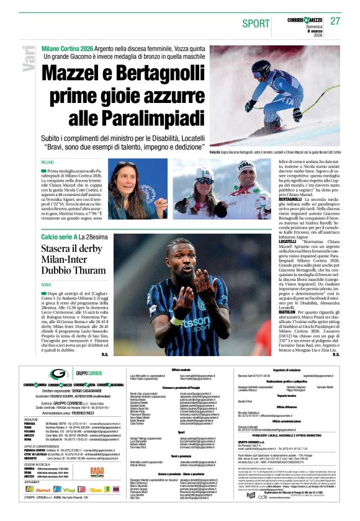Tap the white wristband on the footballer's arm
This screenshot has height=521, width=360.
(178, 321)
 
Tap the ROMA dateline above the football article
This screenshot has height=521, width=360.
(47, 284)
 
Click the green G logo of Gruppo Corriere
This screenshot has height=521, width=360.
(58, 373)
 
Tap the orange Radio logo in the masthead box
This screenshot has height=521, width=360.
(96, 471)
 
